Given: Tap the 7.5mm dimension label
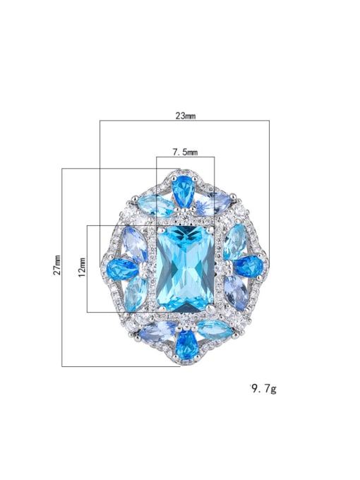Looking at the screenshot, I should point(185,151).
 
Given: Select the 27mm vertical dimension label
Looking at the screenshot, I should point(56,266).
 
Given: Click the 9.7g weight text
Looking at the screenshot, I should point(263,388).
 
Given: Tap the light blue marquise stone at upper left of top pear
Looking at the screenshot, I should point(157,205).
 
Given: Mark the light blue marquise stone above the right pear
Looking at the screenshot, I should point(235,239).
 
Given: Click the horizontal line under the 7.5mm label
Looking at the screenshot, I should point(185,158).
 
